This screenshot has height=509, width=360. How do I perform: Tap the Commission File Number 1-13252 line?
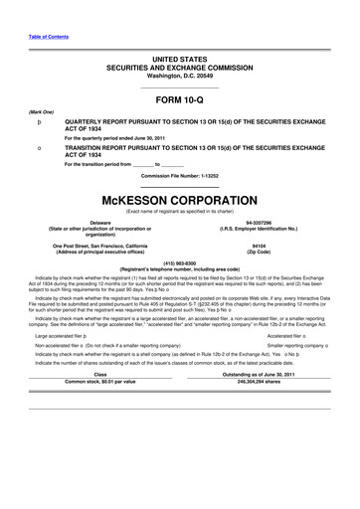coord(179,176)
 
